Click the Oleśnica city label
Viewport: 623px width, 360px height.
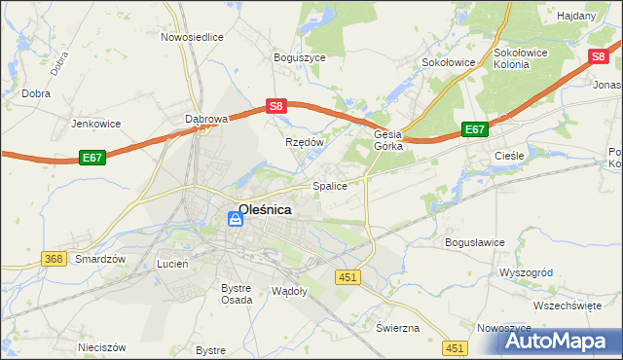click(x=265, y=208)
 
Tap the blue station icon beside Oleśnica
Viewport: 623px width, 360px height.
click(x=234, y=221)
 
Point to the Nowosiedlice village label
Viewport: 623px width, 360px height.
click(x=192, y=37)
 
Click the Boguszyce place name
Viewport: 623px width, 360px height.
click(x=299, y=57)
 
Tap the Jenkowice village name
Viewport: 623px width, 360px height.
click(x=94, y=125)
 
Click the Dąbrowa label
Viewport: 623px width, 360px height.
click(x=205, y=119)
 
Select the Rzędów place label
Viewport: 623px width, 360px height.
click(x=303, y=142)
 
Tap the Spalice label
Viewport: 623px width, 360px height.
click(x=329, y=185)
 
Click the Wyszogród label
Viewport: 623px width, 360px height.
click(x=526, y=271)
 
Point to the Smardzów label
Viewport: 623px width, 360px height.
click(x=101, y=260)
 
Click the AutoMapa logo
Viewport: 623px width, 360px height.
click(x=549, y=342)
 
